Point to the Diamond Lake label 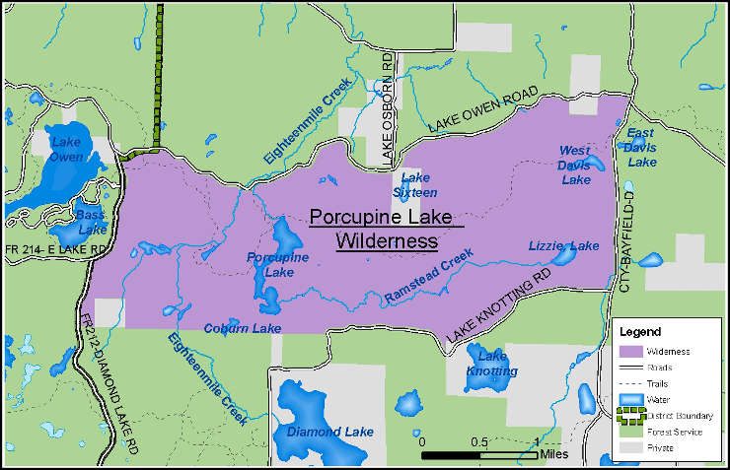point(329,432)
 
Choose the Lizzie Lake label point(563,245)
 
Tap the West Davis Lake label point(575,165)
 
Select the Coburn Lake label point(243,328)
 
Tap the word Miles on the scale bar point(554,455)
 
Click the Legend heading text point(640,331)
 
